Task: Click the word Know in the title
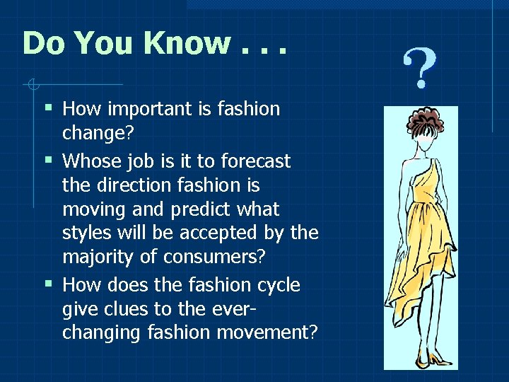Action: [186, 43]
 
